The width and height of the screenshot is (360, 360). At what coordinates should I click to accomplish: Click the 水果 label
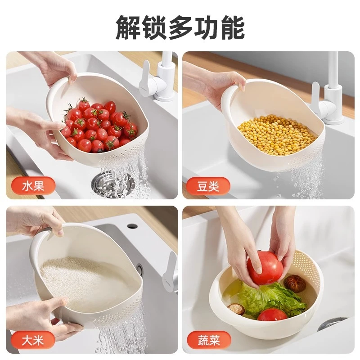[x=33, y=185]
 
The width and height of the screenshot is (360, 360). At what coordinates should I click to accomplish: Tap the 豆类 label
[x=207, y=185]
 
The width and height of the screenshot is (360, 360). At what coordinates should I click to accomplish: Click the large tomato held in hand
[x=265, y=267]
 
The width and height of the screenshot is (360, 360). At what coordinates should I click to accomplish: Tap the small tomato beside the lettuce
[x=272, y=315]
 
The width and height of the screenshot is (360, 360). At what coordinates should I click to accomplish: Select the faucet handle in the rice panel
[x=171, y=270]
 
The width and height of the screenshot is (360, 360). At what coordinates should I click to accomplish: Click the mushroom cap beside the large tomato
[x=295, y=283]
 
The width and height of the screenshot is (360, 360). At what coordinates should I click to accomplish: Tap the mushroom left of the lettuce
[x=236, y=309]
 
